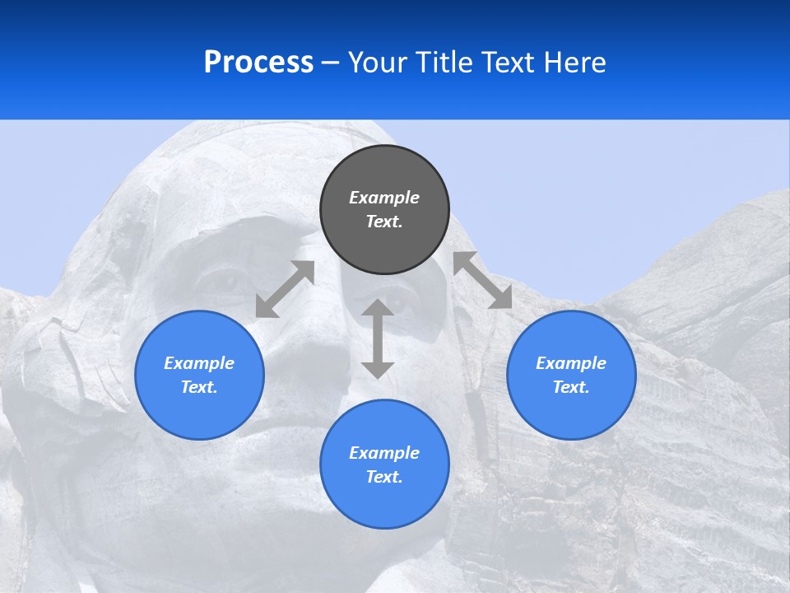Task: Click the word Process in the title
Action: [x=258, y=63]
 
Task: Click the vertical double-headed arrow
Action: [x=378, y=339]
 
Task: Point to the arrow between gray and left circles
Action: [x=286, y=289]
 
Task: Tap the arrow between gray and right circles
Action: [x=483, y=281]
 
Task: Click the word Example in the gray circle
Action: [x=384, y=198]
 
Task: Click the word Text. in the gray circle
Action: [x=384, y=222]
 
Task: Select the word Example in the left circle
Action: [x=199, y=363]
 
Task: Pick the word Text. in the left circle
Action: [x=199, y=387]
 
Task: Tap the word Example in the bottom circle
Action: [x=384, y=453]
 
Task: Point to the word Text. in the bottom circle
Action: [x=384, y=477]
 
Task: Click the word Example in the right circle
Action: [x=571, y=363]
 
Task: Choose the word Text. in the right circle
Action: [x=571, y=387]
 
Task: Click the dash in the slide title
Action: [x=331, y=63]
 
